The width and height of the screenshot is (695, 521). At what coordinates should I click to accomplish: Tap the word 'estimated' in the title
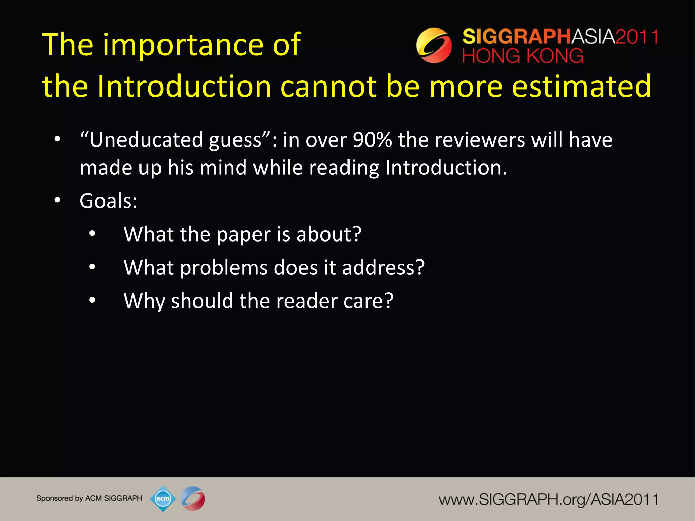click(x=581, y=86)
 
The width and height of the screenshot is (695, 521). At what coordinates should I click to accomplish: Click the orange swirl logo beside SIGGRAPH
click(x=434, y=45)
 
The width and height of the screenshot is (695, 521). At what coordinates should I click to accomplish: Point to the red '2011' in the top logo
click(x=637, y=37)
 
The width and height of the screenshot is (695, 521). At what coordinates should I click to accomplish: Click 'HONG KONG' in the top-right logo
click(x=523, y=56)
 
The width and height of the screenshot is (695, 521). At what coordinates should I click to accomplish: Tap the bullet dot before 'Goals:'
click(x=57, y=200)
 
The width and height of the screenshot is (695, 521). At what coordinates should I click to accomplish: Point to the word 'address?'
click(x=383, y=268)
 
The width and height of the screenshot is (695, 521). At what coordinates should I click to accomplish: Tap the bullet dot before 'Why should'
click(x=92, y=300)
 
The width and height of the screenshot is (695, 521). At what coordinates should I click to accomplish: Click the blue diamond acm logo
click(x=163, y=498)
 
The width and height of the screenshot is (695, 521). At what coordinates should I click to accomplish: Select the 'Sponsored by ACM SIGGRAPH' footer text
click(x=89, y=498)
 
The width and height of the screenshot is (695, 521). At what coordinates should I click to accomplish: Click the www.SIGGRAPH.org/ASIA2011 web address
click(x=548, y=500)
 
